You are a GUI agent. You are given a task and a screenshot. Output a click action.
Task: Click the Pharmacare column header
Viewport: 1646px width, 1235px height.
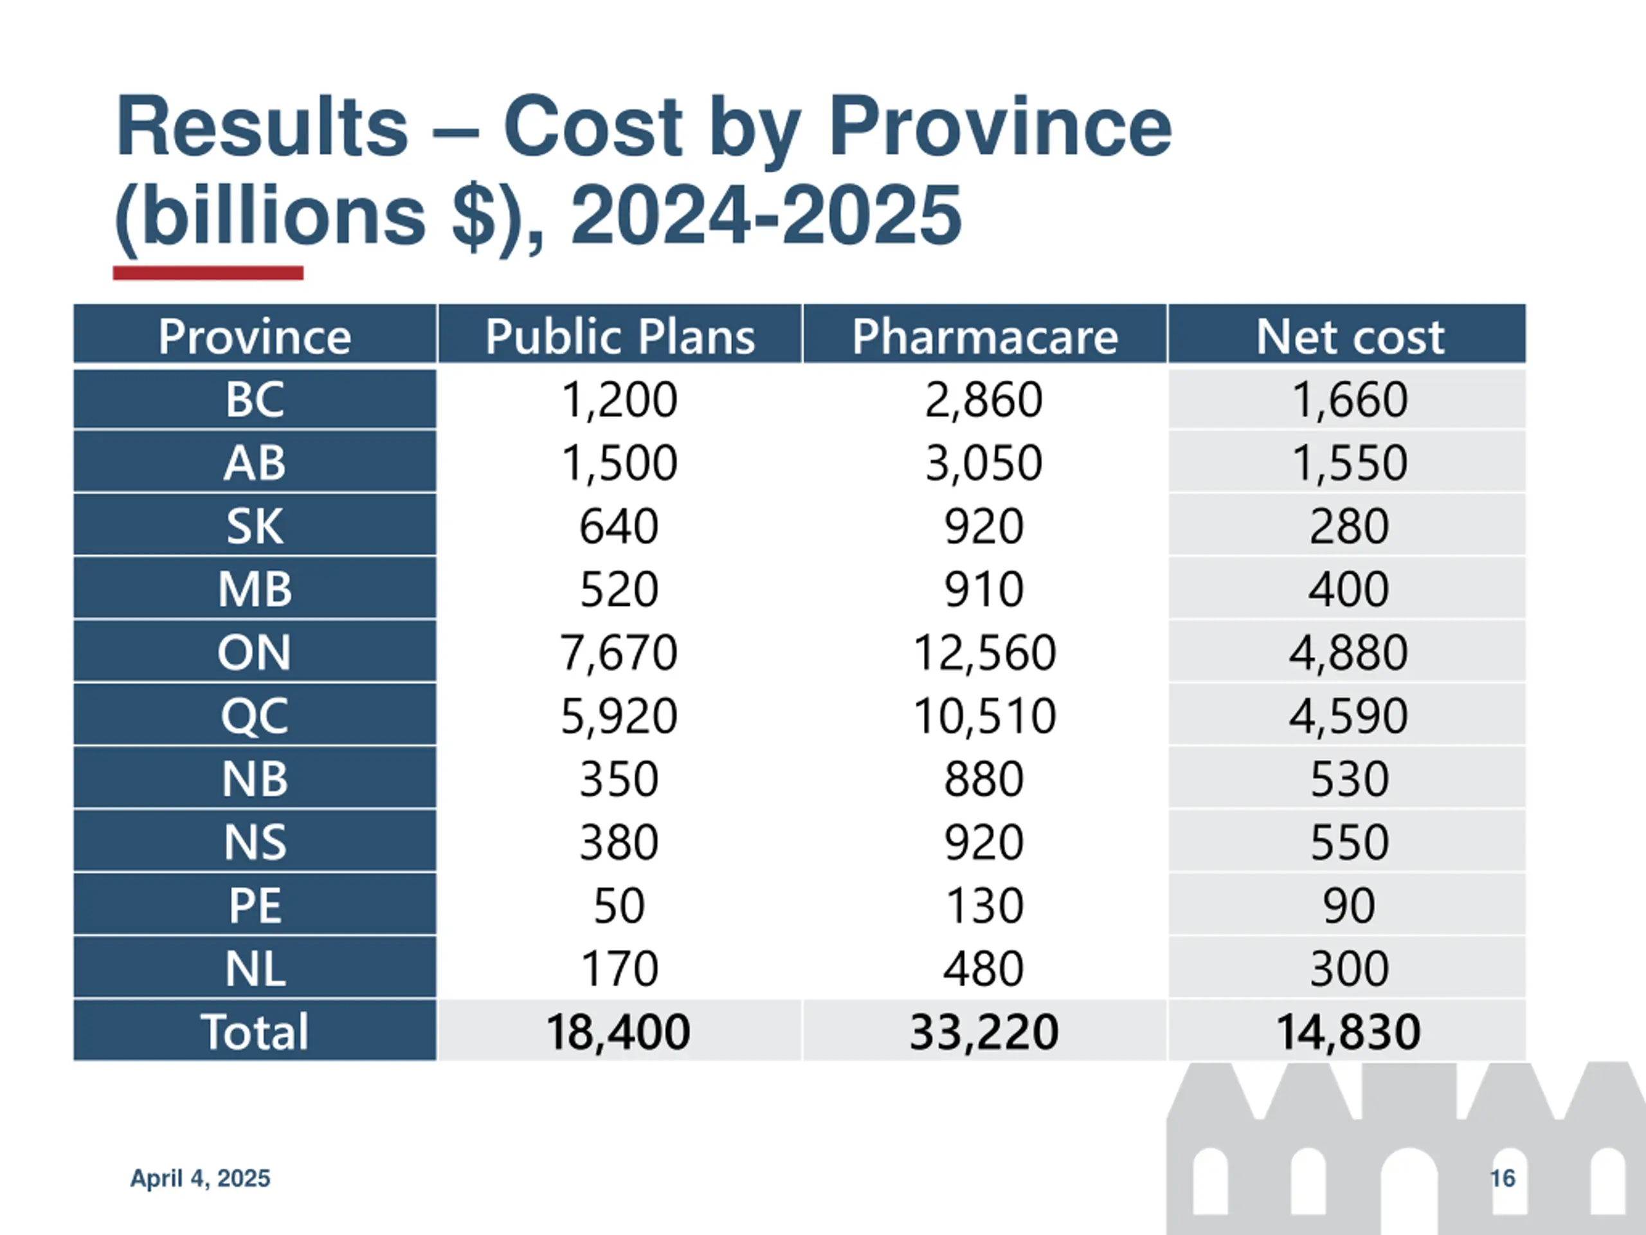point(984,336)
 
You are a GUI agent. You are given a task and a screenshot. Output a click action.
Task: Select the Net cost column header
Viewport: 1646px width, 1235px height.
point(1349,336)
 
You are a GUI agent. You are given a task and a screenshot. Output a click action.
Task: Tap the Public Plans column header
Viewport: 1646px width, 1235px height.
point(620,336)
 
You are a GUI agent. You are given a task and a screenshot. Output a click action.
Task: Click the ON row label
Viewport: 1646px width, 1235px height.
point(255,653)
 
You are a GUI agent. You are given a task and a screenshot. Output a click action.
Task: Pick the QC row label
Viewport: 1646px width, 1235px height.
point(255,716)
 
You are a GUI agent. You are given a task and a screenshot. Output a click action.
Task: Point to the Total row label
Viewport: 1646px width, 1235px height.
point(255,1032)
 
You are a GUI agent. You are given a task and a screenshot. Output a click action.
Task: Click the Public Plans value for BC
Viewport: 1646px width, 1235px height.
point(619,399)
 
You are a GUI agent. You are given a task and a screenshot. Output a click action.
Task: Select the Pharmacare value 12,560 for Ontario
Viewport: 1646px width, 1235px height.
point(984,653)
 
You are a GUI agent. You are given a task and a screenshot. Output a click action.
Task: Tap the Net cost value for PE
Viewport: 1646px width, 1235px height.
point(1348,906)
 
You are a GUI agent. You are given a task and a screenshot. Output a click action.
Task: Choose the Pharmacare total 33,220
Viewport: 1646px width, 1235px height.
point(984,1032)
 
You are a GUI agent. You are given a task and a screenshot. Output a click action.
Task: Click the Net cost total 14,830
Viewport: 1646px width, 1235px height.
point(1348,1032)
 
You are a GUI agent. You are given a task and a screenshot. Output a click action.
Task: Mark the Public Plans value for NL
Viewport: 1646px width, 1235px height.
point(619,969)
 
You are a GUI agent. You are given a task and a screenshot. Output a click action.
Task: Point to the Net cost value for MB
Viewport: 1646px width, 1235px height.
point(1348,590)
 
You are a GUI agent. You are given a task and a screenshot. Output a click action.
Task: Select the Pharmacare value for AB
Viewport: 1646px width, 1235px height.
point(984,463)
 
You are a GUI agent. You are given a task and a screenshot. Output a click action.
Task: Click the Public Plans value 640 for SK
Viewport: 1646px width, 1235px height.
point(619,526)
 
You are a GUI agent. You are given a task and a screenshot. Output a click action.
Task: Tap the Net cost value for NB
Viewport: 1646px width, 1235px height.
point(1348,780)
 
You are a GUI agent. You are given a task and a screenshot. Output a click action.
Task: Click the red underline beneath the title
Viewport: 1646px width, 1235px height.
point(208,273)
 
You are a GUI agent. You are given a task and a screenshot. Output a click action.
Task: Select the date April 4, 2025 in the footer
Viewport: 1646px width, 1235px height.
point(200,1178)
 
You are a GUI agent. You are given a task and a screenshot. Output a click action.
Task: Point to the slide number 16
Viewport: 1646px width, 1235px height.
point(1503,1178)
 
